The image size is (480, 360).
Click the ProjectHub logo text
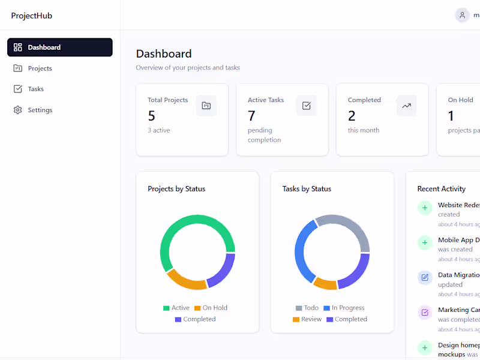coord(32,16)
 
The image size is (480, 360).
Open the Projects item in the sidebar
coord(40,68)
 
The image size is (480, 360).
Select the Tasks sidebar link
coord(35,89)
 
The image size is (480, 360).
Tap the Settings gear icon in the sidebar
coord(17,110)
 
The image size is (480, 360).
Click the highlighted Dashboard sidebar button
coord(59,47)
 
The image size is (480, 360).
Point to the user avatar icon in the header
coord(462,16)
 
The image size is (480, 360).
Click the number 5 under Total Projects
coord(152,116)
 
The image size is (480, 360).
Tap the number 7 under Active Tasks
coord(251,116)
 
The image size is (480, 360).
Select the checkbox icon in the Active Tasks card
coord(306,106)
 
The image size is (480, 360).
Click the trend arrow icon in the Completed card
coord(406,106)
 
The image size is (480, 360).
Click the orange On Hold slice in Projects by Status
coord(187,281)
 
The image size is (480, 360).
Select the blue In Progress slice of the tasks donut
coord(304,246)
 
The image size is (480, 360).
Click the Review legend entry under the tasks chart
coord(307,319)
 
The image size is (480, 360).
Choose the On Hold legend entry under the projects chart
coord(211,308)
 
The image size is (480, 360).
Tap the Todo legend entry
coord(307,308)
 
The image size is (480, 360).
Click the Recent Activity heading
coord(441,189)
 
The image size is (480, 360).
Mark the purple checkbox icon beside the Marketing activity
coord(425,313)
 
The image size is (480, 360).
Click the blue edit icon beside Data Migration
coord(425,277)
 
